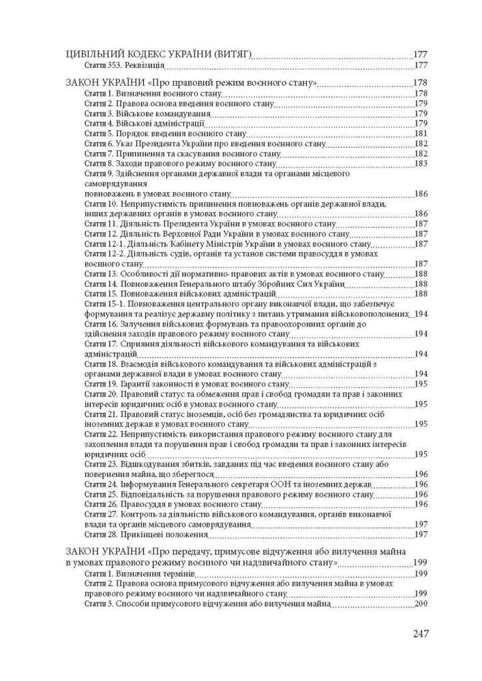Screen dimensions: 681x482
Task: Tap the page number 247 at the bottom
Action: pos(420,634)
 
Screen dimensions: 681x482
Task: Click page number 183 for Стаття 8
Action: pos(420,163)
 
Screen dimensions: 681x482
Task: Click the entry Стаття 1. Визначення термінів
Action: pos(129,574)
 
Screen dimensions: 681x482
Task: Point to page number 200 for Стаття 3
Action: pos(420,604)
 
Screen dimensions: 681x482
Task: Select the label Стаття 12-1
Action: pos(102,244)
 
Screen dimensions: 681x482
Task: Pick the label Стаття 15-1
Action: pos(102,304)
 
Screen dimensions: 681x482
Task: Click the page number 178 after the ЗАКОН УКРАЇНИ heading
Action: pos(420,83)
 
